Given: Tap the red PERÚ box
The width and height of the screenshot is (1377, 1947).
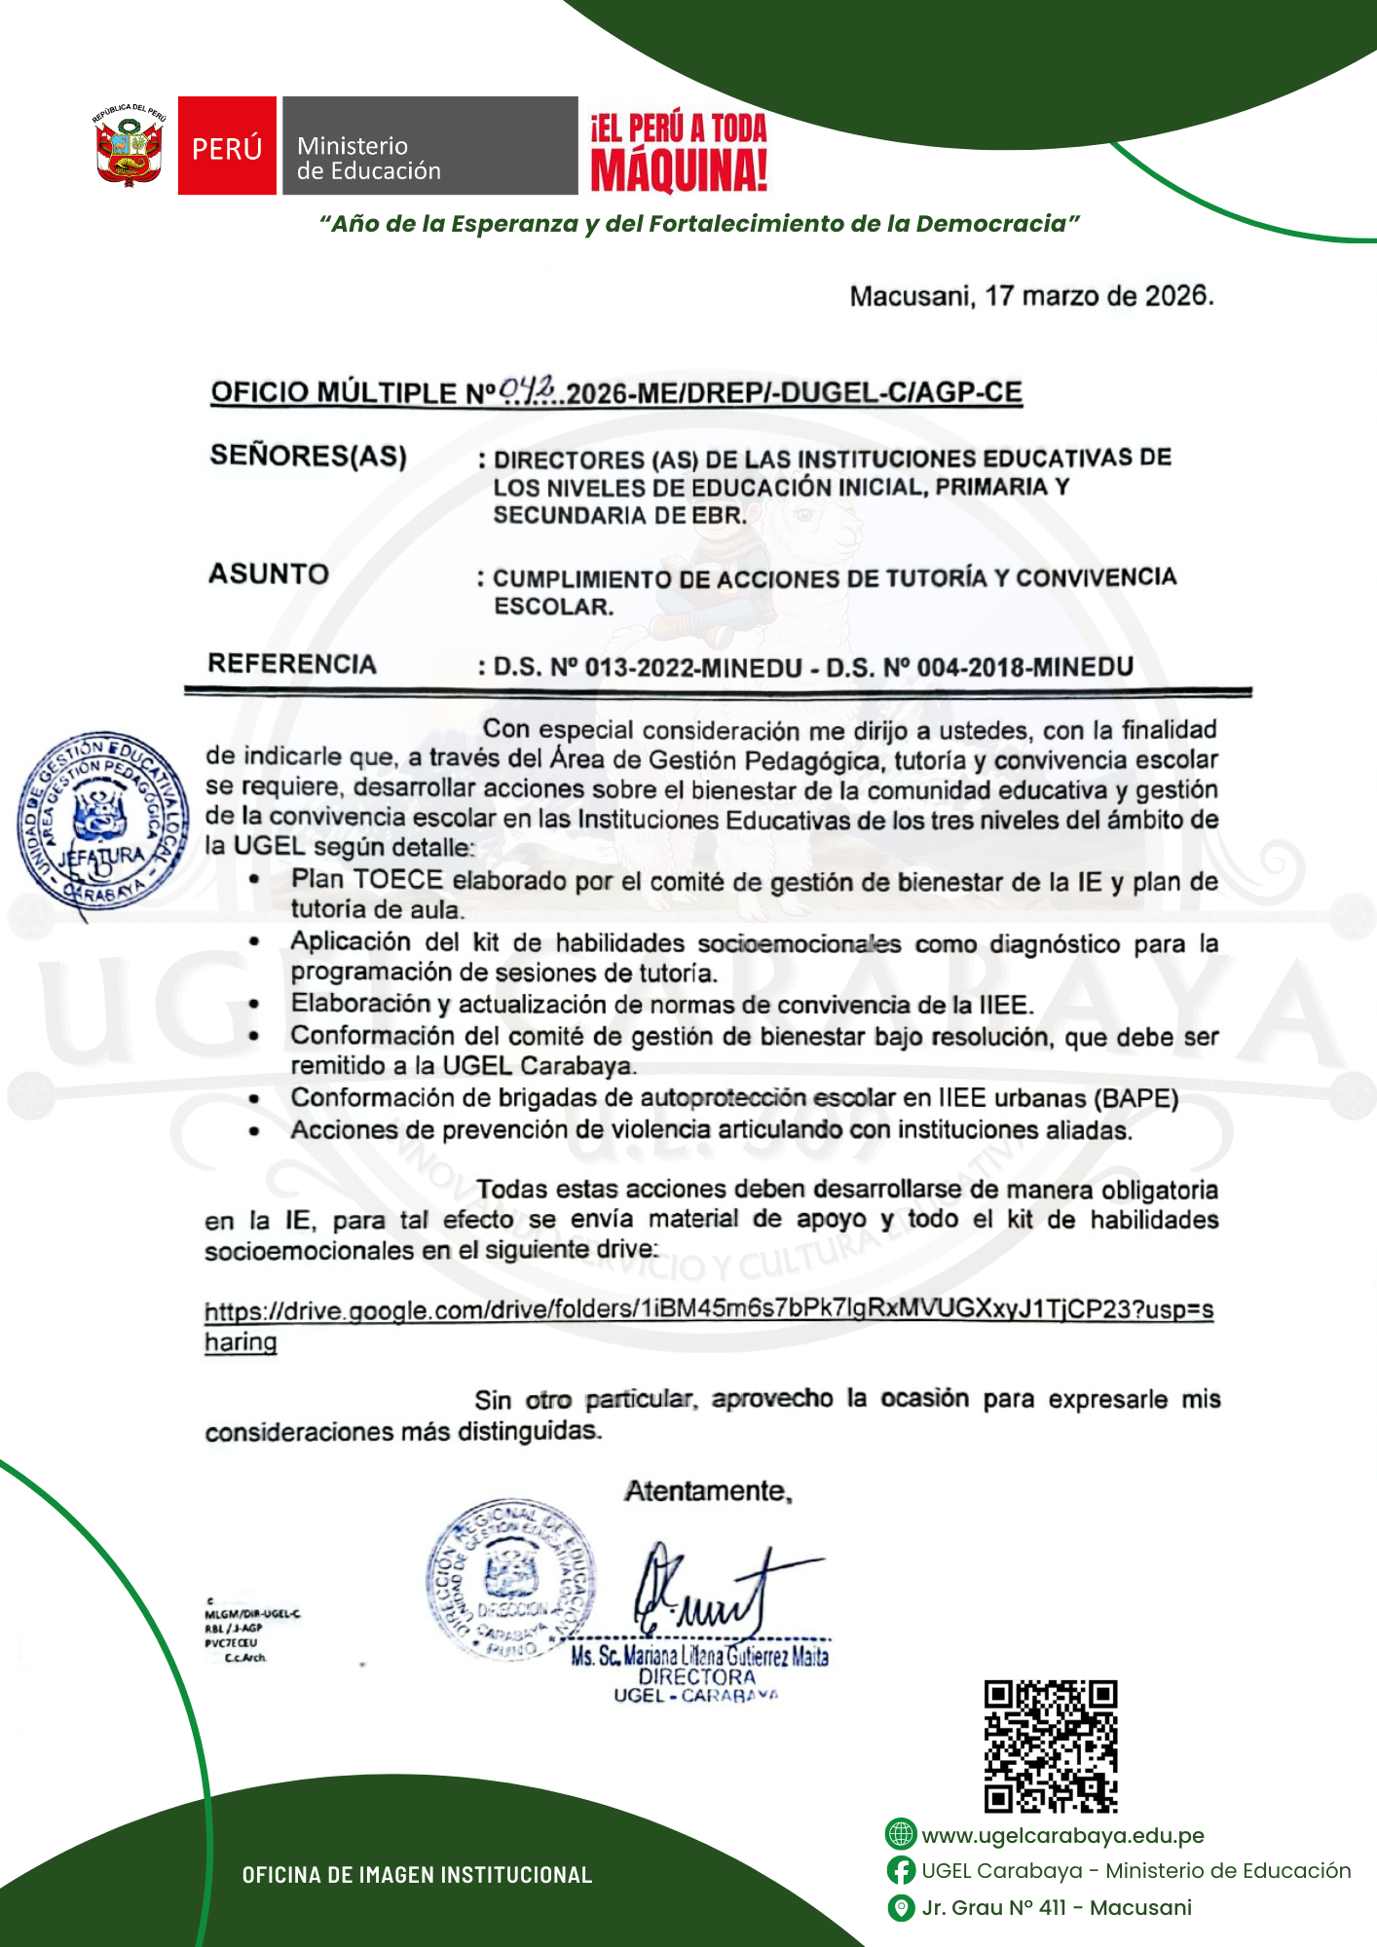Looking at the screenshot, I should (x=227, y=146).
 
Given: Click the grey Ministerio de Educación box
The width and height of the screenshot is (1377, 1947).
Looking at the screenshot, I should (x=429, y=146).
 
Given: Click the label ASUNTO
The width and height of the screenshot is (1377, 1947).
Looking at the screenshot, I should (x=269, y=573).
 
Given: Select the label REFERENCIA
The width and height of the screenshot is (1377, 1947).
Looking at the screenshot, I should (x=291, y=664).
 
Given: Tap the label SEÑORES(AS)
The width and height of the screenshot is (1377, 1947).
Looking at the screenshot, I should (x=308, y=456).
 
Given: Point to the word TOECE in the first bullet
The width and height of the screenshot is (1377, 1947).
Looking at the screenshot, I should (x=397, y=879).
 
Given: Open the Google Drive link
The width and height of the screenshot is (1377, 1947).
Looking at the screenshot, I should (x=708, y=1310).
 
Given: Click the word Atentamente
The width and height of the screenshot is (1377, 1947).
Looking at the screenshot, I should (x=708, y=1490).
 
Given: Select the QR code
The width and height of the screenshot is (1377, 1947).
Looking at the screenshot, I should (x=1050, y=1745).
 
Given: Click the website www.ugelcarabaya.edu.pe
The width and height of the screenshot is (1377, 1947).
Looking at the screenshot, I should (x=1062, y=1835).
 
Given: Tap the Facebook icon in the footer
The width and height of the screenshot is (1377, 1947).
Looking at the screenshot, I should (x=901, y=1870).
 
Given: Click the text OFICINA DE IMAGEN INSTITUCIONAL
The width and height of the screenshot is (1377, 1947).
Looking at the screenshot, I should (x=417, y=1875).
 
